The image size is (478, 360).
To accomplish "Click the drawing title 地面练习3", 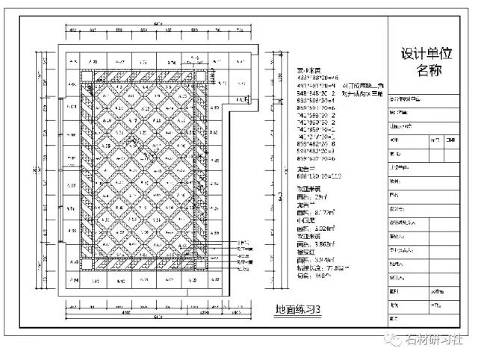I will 298,308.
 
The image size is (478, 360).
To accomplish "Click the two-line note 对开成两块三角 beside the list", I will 363,90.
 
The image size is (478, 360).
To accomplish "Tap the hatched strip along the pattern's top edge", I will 149,74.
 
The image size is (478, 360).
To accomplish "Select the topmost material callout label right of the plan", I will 243,243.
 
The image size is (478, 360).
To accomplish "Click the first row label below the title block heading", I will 407,98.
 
